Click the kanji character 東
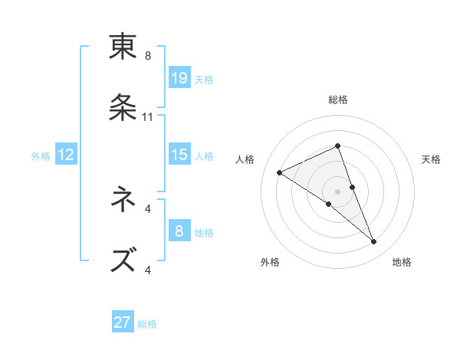[x=123, y=47]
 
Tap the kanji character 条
[x=123, y=107]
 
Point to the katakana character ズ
[x=123, y=260]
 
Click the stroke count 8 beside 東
[x=148, y=56]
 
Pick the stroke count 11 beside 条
[x=148, y=117]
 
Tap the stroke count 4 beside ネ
[x=148, y=208]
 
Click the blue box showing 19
[x=179, y=78]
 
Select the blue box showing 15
[x=179, y=155]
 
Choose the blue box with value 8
[x=179, y=231]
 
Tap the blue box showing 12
[x=66, y=155]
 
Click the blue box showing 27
[x=123, y=322]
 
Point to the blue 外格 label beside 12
[x=41, y=156]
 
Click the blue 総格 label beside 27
[x=147, y=324]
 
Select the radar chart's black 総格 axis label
[x=338, y=100]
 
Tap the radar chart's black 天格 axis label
[x=431, y=159]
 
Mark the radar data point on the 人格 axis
[x=280, y=172]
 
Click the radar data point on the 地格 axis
[x=374, y=242]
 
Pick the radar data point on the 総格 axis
[x=337, y=146]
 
